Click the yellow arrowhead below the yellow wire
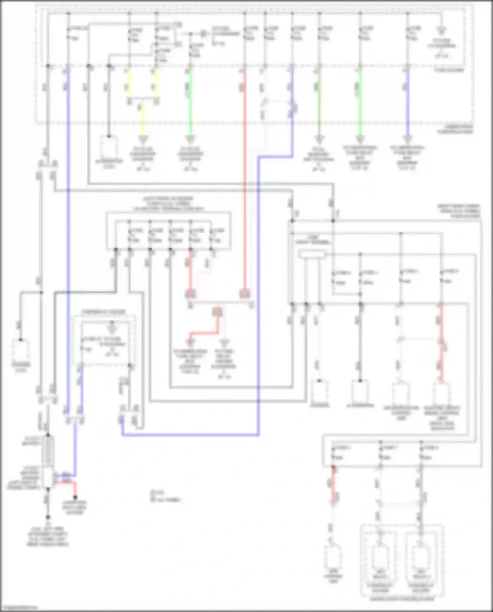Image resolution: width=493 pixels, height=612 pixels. coord(142,139)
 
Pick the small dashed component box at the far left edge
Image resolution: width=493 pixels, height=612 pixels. coord(21,350)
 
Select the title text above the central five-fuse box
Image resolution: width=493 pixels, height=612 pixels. coord(168,204)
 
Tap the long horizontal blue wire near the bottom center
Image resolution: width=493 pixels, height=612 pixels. coord(191,435)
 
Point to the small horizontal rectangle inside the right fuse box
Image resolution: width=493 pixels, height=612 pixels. coord(312,254)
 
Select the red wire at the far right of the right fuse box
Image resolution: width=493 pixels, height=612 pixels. coord(441,342)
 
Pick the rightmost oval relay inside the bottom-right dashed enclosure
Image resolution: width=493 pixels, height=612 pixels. coord(421,557)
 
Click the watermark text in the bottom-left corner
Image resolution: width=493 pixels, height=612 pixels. coord(19,608)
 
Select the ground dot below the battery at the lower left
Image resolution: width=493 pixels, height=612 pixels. coord(48,517)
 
